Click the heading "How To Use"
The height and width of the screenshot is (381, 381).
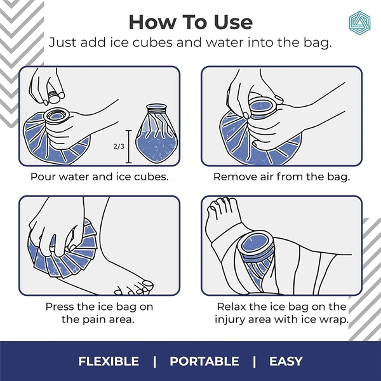pos(190,22)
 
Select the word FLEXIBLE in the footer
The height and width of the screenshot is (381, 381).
pos(109,361)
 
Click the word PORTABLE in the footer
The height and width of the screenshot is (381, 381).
pos(204,361)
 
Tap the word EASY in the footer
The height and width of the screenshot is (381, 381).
pos(286,361)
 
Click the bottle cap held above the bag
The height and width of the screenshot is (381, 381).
pos(54,96)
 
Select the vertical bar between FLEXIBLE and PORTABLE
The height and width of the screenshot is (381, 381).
pos(154,361)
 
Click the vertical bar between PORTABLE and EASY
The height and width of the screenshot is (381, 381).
pos(254,361)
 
